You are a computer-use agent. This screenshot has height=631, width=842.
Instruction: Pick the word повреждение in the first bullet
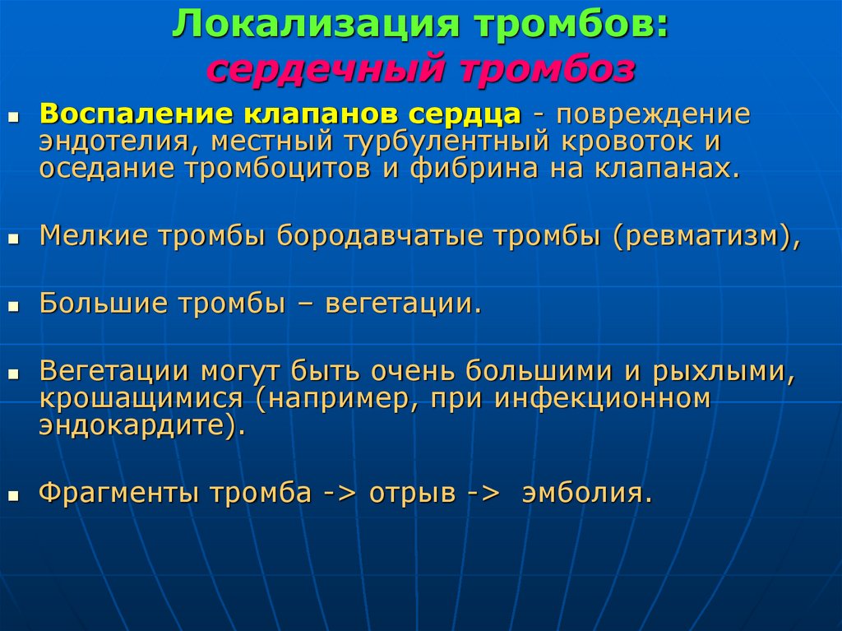(x=653, y=115)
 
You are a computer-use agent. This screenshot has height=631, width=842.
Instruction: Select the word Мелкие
(x=89, y=236)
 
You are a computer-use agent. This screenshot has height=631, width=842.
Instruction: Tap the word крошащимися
(x=141, y=399)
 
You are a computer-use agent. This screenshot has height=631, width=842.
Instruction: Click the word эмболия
(x=585, y=494)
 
